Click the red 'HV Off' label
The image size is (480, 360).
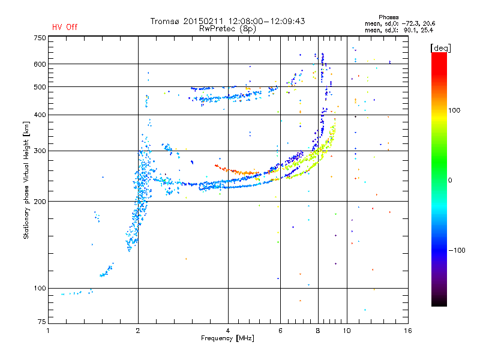pyautogui.click(x=65, y=27)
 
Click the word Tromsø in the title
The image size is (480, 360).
pyautogui.click(x=166, y=21)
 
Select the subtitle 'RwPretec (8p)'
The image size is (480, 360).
pyautogui.click(x=227, y=29)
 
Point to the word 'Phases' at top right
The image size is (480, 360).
pyautogui.click(x=388, y=17)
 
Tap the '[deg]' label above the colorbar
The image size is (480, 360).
pyautogui.click(x=440, y=48)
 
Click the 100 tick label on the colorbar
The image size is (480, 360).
pyautogui.click(x=454, y=110)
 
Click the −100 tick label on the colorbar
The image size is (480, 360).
pyautogui.click(x=457, y=250)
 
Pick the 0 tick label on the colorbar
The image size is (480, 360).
pyautogui.click(x=450, y=181)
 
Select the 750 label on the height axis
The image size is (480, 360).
pyautogui.click(x=40, y=38)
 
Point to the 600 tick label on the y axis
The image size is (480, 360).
pyautogui.click(x=40, y=64)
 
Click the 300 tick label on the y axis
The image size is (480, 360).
pyautogui.click(x=40, y=151)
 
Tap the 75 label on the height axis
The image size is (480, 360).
pyautogui.click(x=42, y=322)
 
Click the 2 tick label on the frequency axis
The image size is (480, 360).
pyautogui.click(x=138, y=331)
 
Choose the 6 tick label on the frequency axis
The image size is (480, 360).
pyautogui.click(x=280, y=331)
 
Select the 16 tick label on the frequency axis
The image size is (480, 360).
pyautogui.click(x=408, y=331)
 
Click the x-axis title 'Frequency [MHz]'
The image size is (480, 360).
pyautogui.click(x=227, y=338)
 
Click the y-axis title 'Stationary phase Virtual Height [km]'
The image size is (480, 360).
pyautogui.click(x=26, y=181)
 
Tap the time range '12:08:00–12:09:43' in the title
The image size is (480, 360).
pyautogui.click(x=266, y=21)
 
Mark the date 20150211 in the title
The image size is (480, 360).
pyautogui.click(x=204, y=21)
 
